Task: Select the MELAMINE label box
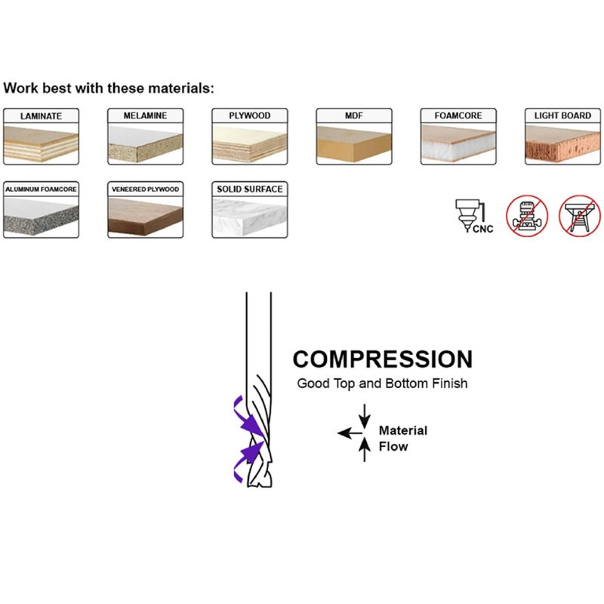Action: point(145,116)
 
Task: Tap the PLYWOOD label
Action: point(250,116)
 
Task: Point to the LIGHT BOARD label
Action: point(562,116)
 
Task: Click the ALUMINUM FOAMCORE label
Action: point(40,188)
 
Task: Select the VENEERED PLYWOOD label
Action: point(145,188)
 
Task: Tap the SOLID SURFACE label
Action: point(250,188)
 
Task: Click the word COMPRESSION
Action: point(382,359)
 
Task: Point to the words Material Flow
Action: point(402,439)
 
